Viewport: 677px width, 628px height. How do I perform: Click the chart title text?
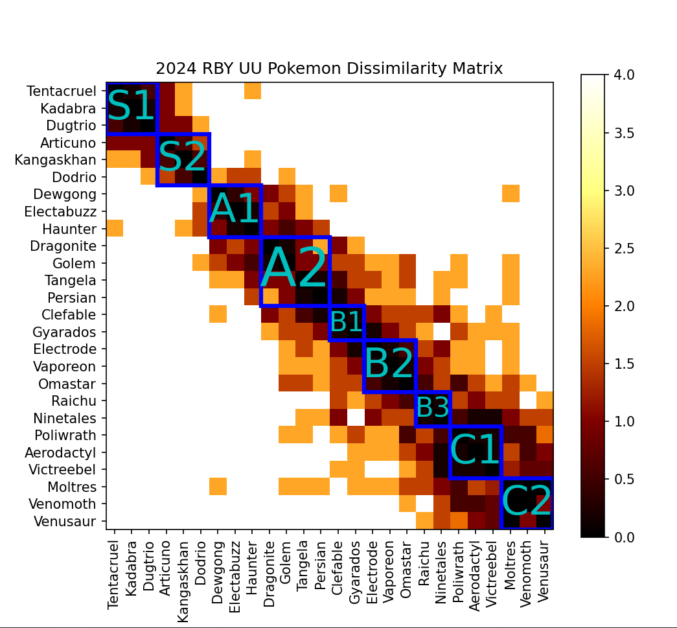tap(329, 68)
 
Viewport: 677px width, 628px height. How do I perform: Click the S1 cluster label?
tap(132, 106)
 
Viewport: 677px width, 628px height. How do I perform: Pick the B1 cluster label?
tap(346, 322)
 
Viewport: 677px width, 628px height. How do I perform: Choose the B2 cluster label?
tap(389, 364)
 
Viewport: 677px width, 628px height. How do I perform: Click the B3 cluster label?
tap(432, 408)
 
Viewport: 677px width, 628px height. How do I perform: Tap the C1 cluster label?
tap(475, 450)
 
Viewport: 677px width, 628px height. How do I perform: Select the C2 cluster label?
tap(527, 502)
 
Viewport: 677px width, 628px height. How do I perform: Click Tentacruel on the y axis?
tap(62, 91)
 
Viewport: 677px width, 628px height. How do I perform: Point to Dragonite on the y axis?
tap(63, 246)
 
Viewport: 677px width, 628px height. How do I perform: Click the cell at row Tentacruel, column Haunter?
tap(252, 91)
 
